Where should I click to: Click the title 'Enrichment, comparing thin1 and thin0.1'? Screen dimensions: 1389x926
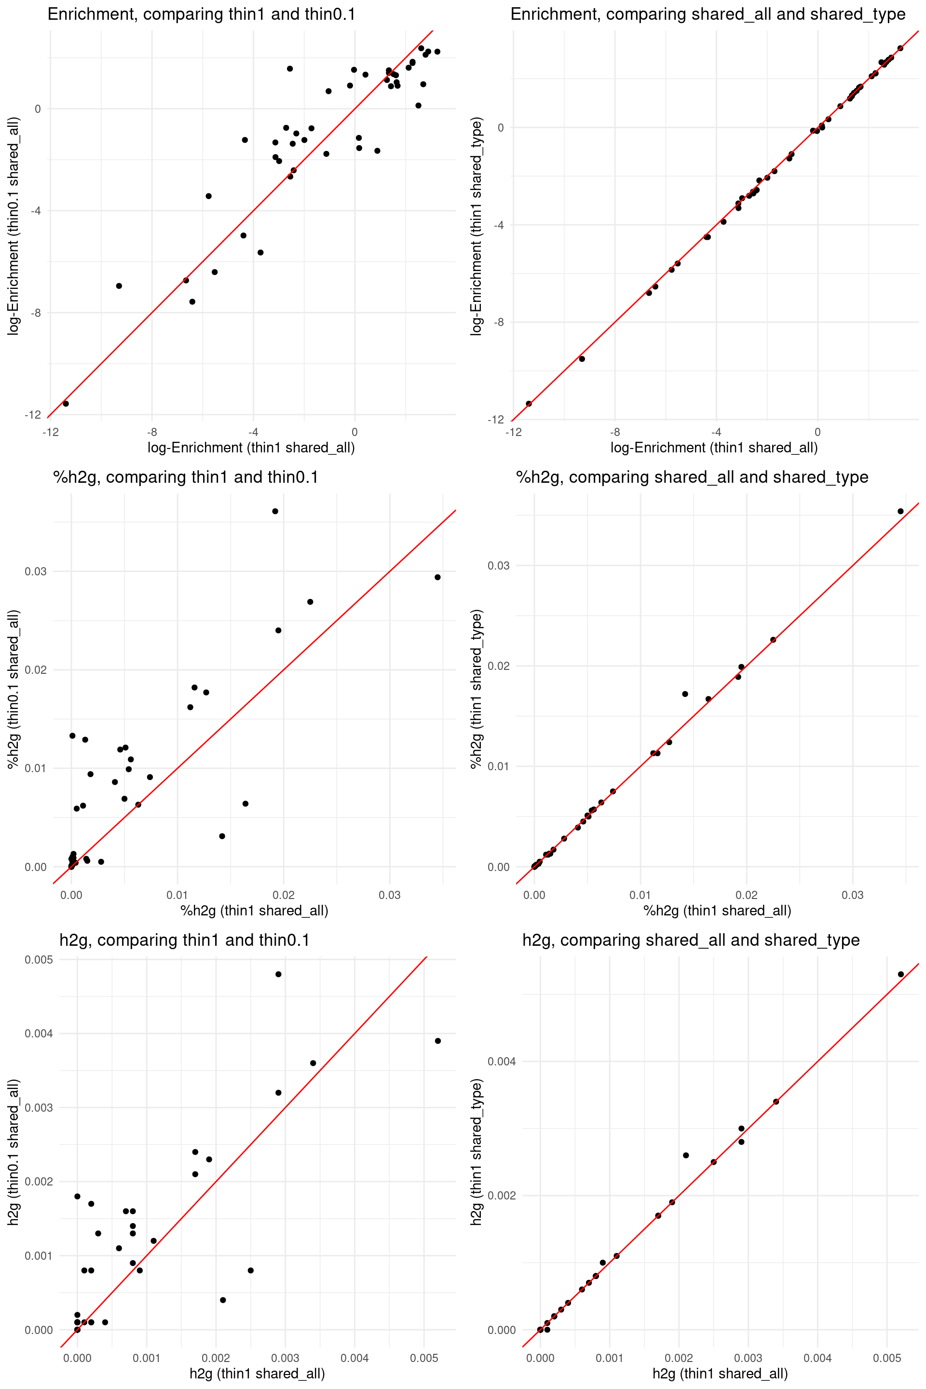tap(202, 14)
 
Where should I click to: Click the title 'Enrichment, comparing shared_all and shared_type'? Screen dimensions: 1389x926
tap(708, 14)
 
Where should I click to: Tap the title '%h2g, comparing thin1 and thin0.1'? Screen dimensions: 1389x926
tap(185, 477)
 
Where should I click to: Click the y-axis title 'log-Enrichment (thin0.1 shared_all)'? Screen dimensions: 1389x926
tap(14, 226)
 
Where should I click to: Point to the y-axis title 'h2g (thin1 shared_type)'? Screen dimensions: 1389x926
tap(477, 1152)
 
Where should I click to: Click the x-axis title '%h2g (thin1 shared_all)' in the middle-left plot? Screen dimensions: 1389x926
tap(254, 910)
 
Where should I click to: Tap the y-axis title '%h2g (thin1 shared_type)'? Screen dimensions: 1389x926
tap(477, 689)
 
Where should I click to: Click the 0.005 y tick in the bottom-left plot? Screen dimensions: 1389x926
tap(39, 960)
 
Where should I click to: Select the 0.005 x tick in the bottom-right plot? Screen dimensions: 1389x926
tap(887, 1358)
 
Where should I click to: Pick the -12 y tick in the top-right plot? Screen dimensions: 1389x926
tap(495, 420)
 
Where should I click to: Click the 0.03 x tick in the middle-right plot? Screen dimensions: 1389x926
tap(852, 895)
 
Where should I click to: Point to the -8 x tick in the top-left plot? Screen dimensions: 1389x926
tap(152, 432)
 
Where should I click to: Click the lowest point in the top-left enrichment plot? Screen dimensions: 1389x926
tap(66, 403)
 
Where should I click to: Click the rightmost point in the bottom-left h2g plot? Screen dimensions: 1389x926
tap(437, 1041)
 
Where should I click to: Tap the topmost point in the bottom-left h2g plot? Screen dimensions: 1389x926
tap(278, 974)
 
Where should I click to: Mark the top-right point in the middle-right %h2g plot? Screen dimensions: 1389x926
tap(900, 511)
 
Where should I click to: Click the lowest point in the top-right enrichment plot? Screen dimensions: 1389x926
tap(529, 403)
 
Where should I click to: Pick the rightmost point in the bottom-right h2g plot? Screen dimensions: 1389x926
tap(900, 974)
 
